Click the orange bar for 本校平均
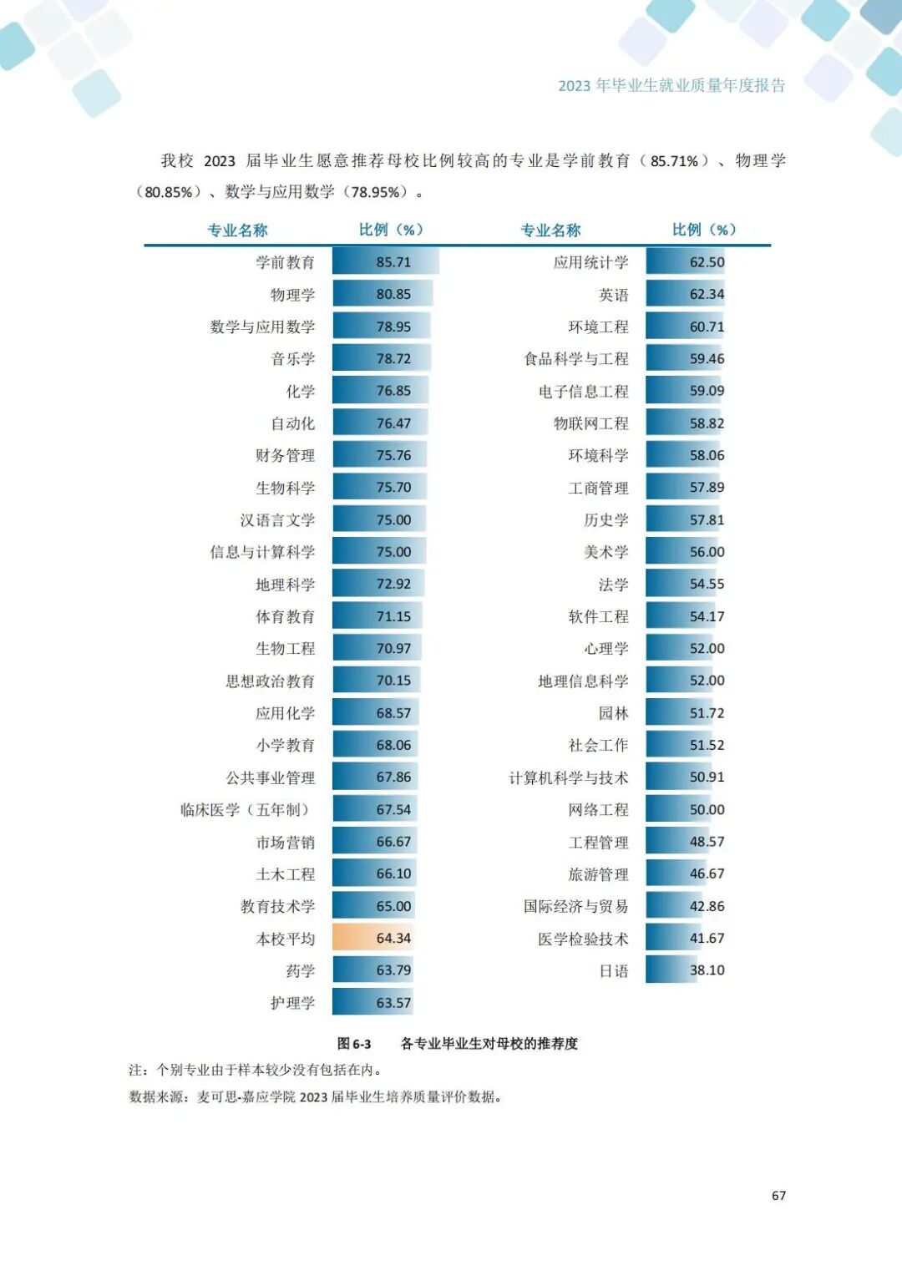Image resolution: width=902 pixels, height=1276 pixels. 373,938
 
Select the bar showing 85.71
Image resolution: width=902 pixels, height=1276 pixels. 385,262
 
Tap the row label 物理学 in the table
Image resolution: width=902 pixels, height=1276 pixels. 292,295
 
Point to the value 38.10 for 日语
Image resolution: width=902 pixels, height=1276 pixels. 707,970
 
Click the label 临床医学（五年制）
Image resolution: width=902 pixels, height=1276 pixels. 246,810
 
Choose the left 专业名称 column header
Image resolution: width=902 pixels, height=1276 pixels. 237,230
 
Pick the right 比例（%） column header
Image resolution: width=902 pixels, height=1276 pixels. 704,230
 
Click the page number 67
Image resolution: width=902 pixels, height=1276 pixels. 778,1196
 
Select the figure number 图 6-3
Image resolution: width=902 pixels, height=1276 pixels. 354,1044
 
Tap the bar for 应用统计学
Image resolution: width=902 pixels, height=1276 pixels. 685,262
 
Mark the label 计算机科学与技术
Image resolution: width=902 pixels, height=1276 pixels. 568,778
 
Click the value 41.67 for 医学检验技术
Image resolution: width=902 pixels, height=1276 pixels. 707,939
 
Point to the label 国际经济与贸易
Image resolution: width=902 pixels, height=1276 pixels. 575,907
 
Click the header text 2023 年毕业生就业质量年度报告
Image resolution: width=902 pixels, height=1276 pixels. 671,86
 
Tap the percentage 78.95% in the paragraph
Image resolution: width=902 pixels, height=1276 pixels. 377,192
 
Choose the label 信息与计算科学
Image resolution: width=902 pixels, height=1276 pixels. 262,552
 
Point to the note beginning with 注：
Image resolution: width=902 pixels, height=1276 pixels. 256,1070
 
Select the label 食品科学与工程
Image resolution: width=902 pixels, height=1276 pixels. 575,359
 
